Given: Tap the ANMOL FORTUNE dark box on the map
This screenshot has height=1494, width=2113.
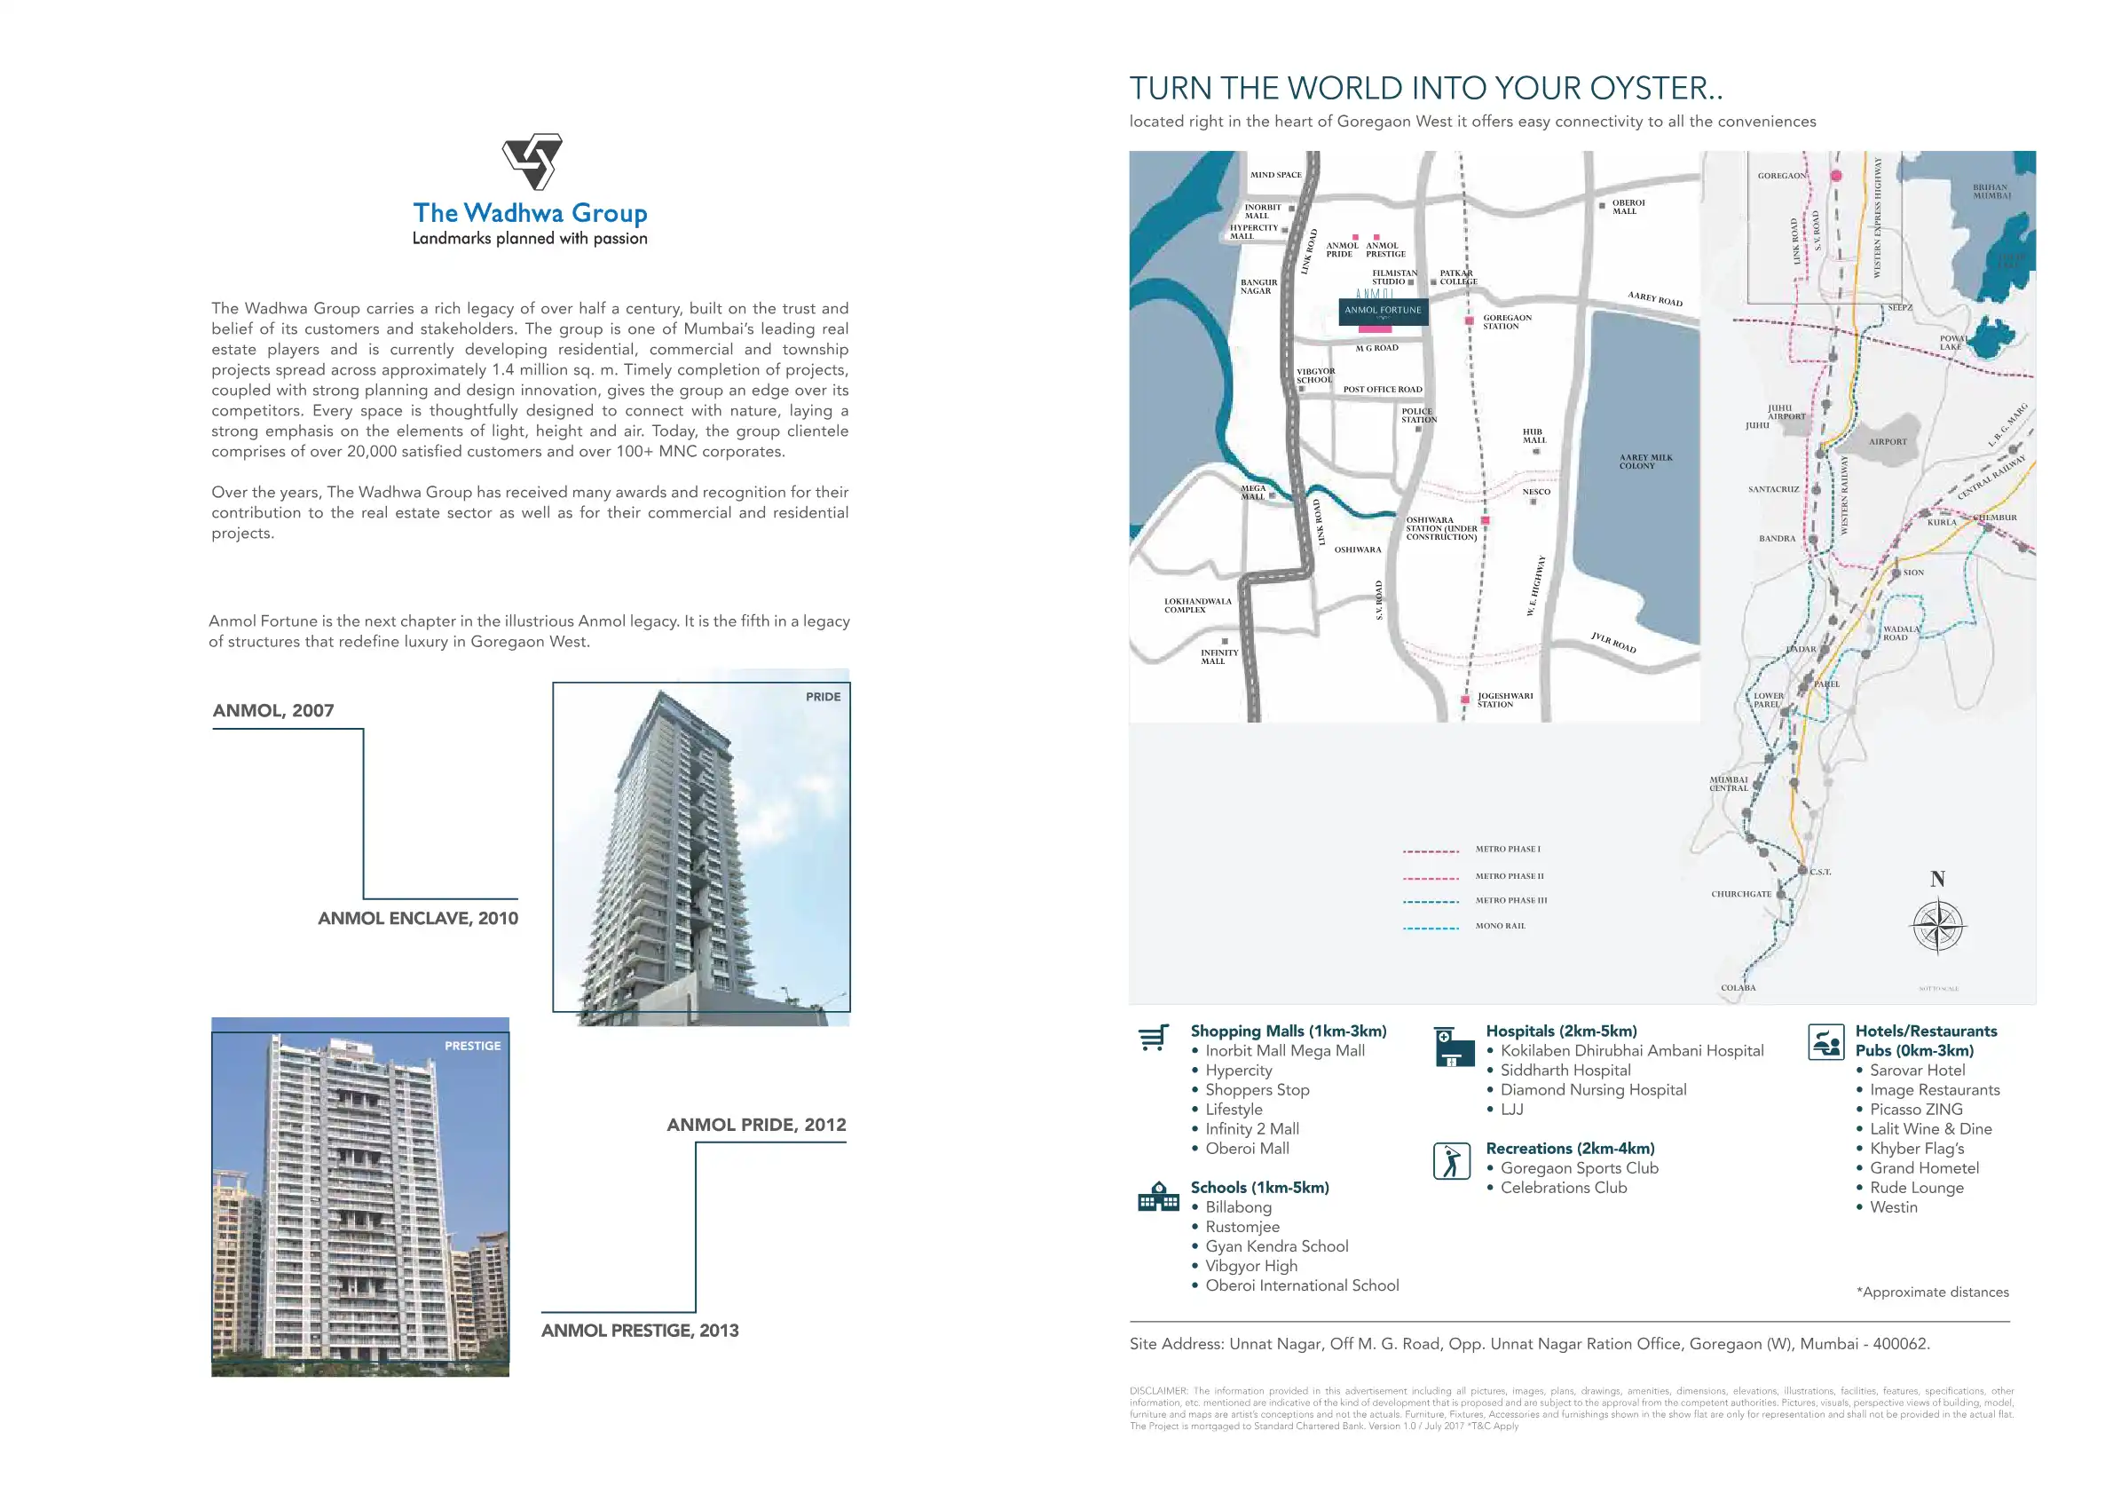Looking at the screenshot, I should (1383, 310).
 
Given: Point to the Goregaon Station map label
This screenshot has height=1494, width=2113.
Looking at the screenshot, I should (1507, 322).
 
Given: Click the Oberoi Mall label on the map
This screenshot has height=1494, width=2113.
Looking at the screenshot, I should (1627, 207).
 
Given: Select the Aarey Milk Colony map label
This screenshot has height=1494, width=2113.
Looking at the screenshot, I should (1645, 462).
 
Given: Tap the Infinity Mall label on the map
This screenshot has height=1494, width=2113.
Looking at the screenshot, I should (1218, 656).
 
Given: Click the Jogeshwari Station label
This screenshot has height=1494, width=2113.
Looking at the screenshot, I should (1505, 700).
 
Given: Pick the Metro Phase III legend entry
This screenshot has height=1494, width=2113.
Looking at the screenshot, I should (1511, 900).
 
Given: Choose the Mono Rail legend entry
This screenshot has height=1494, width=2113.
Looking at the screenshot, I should (1500, 926).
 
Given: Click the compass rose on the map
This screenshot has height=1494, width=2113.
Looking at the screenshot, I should (1937, 926).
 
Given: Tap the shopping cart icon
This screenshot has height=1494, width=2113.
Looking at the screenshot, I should (1153, 1038).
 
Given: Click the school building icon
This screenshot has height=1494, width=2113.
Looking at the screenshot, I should (1158, 1197).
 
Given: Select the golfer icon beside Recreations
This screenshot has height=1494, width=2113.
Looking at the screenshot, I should (1451, 1161).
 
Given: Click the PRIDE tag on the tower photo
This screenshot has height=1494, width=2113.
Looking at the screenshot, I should (823, 697).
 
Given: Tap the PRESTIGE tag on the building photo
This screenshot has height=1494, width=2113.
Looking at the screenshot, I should (472, 1046).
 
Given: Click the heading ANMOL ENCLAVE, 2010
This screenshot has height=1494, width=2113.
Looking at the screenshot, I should (418, 918).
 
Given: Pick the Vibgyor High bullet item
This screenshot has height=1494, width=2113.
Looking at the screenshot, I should (1250, 1266).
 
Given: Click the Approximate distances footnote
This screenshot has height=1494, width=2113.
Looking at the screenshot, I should (1932, 1292).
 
